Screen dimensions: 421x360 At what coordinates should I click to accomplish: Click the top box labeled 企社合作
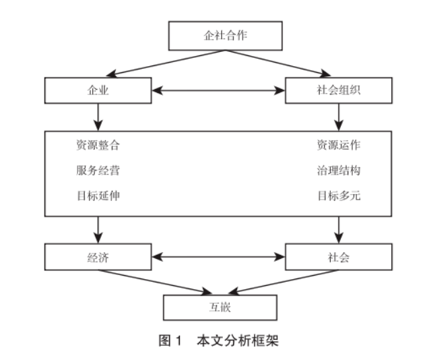pos(225,36)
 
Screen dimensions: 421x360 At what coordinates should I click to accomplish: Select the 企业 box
pos(98,90)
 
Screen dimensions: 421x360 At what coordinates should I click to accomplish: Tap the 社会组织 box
pos(339,90)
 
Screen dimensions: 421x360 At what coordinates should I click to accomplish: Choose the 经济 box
pos(98,257)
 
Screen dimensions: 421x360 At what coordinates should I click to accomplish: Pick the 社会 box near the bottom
pos(339,257)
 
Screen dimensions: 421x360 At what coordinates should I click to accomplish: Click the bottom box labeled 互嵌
pos(220,307)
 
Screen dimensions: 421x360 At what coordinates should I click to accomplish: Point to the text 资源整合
pos(98,145)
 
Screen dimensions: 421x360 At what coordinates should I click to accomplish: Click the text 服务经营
pos(98,171)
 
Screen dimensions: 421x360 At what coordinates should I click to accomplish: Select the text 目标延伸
pos(98,196)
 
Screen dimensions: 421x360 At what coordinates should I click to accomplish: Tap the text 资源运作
pos(339,145)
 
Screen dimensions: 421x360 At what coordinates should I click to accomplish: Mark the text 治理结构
pos(339,171)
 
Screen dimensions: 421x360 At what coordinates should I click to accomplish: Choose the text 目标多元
pos(339,196)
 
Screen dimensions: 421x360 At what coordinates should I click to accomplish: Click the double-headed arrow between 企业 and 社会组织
pos(218,90)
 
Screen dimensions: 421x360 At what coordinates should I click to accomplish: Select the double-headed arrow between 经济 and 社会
pos(218,257)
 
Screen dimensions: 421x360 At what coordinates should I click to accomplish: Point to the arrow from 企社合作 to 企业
pos(166,63)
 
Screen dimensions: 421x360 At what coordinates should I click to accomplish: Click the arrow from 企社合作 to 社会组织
pos(278,63)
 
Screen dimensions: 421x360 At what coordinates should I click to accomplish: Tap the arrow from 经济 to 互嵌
pos(155,282)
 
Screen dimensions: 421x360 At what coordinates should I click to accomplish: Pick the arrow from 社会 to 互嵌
pos(284,282)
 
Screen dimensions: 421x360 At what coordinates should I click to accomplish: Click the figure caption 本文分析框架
pos(238,340)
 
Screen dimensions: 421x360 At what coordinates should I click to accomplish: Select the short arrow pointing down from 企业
pos(98,117)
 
